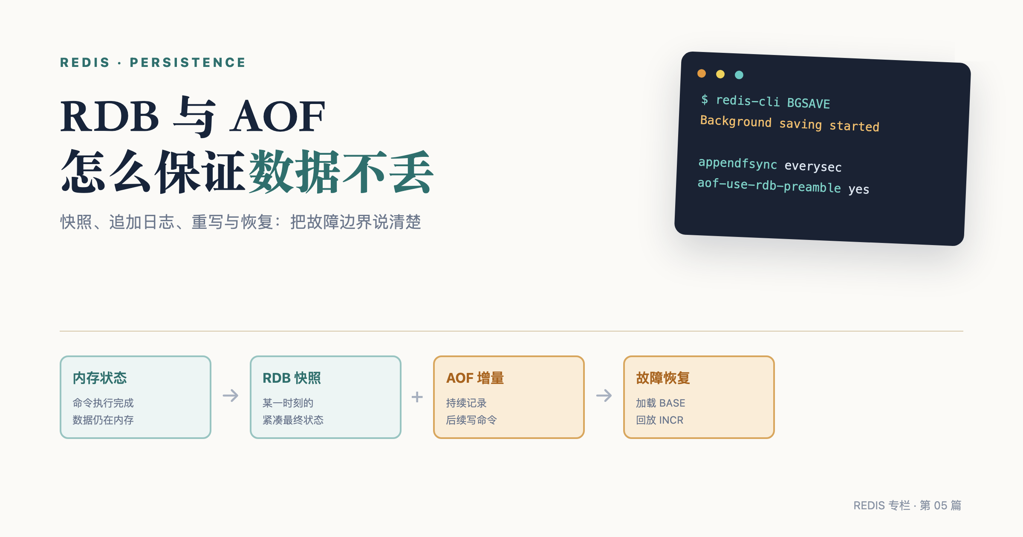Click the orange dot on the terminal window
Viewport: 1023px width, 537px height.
[x=702, y=74]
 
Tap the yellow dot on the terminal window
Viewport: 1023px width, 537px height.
[x=720, y=74]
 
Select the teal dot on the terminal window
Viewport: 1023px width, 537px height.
[x=739, y=75]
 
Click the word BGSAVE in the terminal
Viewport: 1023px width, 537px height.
[x=809, y=103]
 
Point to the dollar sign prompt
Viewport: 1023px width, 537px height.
[x=705, y=99]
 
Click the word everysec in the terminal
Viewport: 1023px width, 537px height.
[x=813, y=166]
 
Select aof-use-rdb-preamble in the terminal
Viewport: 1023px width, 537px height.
[x=769, y=185]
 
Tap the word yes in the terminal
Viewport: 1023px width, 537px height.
[x=858, y=189]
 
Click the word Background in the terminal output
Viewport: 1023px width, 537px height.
[x=736, y=121]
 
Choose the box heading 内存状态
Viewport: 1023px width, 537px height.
[x=100, y=378]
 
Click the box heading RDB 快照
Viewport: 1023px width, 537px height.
[x=292, y=378]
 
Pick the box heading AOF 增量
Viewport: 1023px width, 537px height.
[x=475, y=378]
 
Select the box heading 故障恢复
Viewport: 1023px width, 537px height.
[x=663, y=378]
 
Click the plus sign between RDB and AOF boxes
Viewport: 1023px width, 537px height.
[x=417, y=397]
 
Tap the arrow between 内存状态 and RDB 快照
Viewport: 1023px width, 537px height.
[x=231, y=396]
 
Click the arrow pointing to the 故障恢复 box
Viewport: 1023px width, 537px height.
[x=604, y=396]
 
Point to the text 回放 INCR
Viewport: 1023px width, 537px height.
[x=659, y=420]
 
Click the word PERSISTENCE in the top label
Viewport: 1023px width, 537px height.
[x=188, y=63]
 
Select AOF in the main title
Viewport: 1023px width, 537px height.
[x=277, y=116]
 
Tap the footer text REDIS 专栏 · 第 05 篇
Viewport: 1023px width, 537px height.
[x=907, y=505]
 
